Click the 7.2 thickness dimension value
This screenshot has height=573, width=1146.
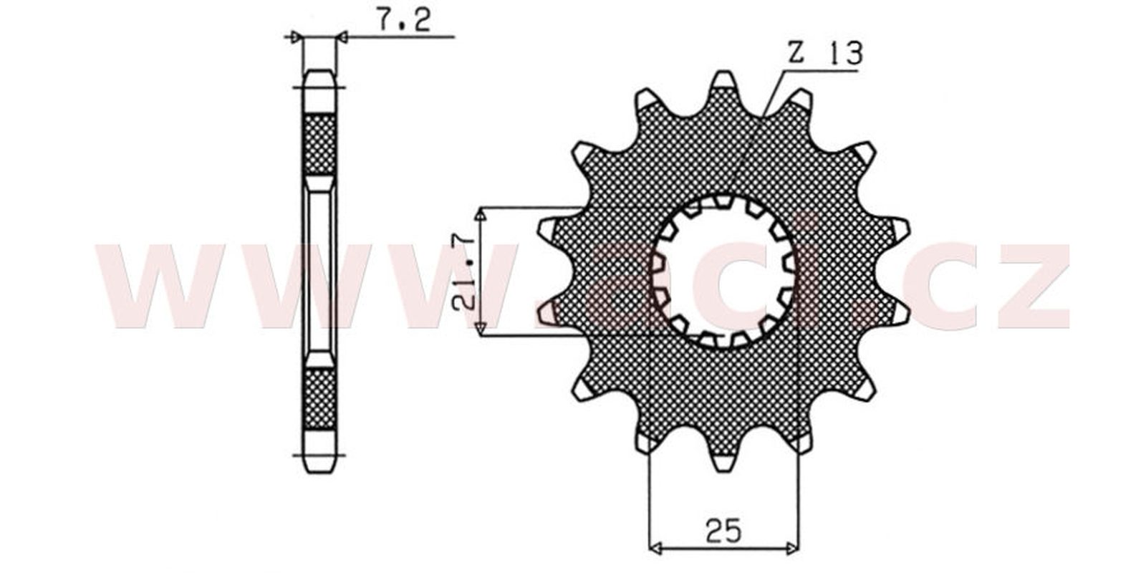point(404,19)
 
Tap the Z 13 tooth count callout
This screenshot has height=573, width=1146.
point(824,52)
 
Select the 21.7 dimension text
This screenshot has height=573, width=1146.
point(464,271)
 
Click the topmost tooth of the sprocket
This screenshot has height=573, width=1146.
point(723,82)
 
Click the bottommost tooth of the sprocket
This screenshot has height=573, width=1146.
point(723,461)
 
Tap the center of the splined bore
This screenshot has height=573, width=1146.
point(723,271)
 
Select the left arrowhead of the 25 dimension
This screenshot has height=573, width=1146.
point(655,549)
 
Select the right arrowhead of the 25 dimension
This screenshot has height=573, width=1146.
point(792,549)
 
